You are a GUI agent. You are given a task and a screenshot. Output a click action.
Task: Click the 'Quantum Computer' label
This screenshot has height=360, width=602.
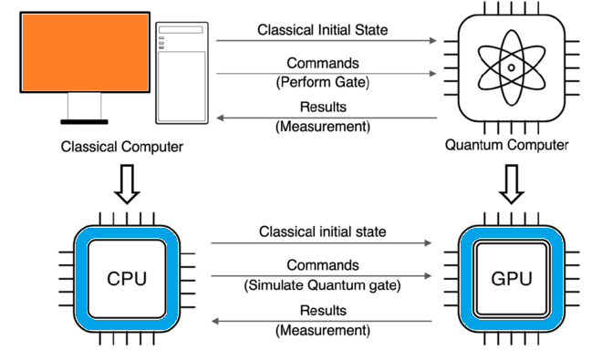click(506, 145)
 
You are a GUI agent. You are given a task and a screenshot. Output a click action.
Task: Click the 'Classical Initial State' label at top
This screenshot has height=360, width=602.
click(322, 29)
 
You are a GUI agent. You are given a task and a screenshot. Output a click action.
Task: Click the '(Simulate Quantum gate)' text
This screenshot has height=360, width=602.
click(322, 284)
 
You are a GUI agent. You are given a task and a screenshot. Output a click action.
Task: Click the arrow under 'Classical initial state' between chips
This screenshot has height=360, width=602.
click(321, 244)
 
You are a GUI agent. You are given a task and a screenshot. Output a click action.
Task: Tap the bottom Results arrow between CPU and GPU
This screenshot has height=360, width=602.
click(321, 319)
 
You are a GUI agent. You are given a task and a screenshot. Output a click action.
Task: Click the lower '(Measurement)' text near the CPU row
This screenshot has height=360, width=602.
click(322, 330)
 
